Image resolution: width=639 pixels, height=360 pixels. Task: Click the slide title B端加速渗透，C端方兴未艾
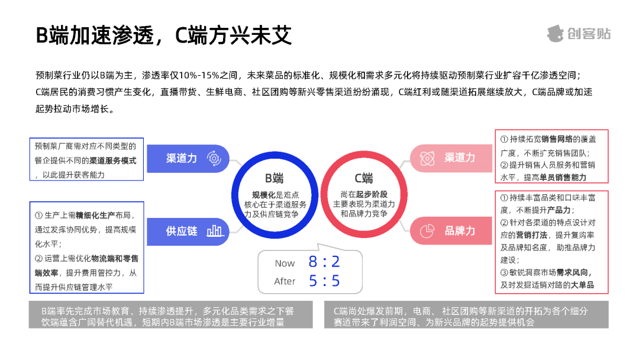point(164,35)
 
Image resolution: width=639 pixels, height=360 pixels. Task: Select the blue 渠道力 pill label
point(182,158)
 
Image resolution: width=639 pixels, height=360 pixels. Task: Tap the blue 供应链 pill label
point(182,231)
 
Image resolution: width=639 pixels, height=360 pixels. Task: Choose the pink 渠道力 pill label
point(460,157)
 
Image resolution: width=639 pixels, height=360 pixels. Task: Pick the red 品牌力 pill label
point(460,230)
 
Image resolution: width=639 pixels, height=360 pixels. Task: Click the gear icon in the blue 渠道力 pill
point(214,158)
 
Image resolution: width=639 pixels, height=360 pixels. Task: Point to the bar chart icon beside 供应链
point(214,231)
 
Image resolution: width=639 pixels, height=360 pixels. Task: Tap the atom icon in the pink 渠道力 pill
point(427,158)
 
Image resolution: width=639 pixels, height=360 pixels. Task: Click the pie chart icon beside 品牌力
point(427,231)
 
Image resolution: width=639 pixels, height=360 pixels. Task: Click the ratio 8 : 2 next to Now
point(324,262)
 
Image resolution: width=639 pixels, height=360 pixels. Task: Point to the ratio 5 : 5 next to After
point(324,281)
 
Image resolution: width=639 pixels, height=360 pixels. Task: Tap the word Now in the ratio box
point(285,263)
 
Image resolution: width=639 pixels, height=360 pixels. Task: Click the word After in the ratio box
point(285,281)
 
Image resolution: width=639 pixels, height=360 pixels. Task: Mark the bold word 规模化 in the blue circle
point(264,195)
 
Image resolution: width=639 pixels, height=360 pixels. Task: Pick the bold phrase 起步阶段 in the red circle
point(372,194)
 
